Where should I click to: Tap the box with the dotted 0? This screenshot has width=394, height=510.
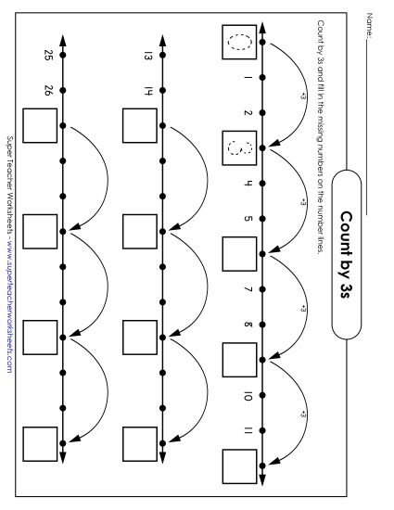point(238,42)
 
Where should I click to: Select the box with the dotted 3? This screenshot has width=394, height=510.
point(238,147)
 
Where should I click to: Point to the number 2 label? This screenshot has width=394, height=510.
point(247,113)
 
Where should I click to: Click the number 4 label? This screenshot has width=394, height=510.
point(247,183)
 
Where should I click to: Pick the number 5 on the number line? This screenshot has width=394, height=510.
point(247,219)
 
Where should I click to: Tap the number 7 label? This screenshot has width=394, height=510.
point(247,288)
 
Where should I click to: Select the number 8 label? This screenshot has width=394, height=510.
point(247,324)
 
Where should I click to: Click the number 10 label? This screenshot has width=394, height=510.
point(247,395)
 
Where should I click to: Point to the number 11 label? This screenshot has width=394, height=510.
point(247,429)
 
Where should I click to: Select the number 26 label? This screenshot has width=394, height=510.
point(48,90)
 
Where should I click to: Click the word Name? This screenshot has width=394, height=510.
point(370,19)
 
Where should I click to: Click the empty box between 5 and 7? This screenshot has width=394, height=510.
point(238,252)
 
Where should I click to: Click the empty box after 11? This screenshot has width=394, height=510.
point(238,463)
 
